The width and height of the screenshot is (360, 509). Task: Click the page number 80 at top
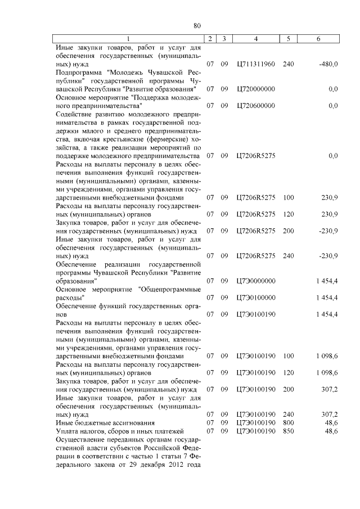(196, 25)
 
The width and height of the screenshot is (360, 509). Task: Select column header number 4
(255, 39)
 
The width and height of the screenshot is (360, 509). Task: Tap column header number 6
(318, 39)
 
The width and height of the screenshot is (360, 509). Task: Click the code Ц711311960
(256, 64)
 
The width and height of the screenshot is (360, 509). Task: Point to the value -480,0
(328, 64)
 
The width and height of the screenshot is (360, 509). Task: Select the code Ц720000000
(256, 89)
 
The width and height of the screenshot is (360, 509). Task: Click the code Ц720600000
(256, 105)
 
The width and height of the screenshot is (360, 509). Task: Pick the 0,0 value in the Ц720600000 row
(332, 105)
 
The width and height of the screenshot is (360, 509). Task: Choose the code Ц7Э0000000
(256, 280)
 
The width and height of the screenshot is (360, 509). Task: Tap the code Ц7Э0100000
(256, 297)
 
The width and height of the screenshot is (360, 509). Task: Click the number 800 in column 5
(288, 422)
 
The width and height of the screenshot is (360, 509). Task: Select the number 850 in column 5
(288, 431)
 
